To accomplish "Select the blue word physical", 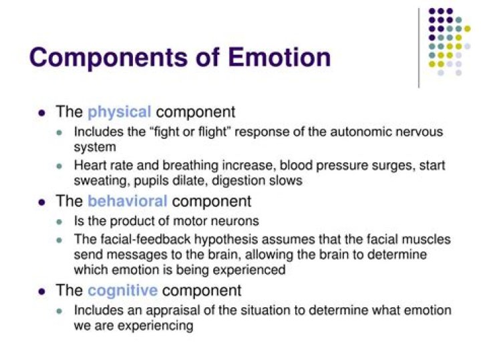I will point(120,112).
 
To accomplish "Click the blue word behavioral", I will point(127,201).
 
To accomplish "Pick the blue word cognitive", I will point(122,291).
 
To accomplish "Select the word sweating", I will point(99,180).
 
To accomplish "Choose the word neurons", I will point(239,221).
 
